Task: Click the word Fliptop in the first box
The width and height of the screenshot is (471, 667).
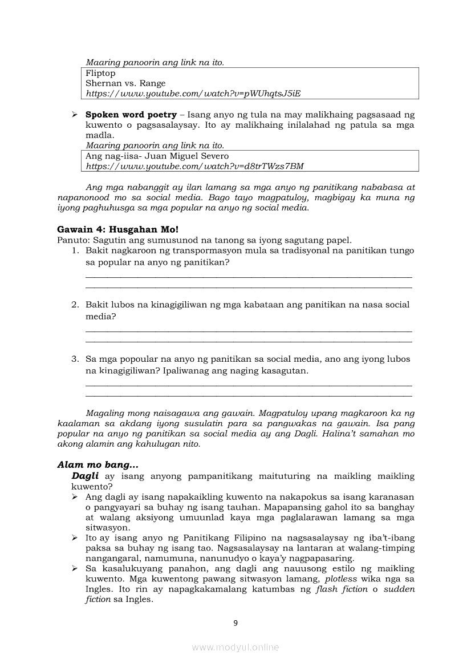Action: tap(100, 73)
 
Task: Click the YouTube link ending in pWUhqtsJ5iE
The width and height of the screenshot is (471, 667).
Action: tap(193, 93)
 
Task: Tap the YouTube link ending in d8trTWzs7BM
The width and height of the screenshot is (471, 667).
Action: tap(194, 166)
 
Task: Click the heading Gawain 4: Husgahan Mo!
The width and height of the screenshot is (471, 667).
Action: tap(118, 229)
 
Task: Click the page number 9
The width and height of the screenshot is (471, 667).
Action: tap(235, 622)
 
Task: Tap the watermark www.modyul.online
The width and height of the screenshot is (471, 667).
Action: tap(235, 647)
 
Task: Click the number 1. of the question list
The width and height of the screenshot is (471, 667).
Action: tap(75, 250)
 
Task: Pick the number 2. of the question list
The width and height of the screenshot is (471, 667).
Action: tap(75, 305)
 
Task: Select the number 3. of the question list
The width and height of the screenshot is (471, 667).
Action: tap(75, 359)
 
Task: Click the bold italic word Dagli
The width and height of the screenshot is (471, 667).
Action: tap(85, 476)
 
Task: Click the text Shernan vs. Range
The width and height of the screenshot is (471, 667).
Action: tap(125, 83)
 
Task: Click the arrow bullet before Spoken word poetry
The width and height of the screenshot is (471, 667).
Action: tap(75, 115)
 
